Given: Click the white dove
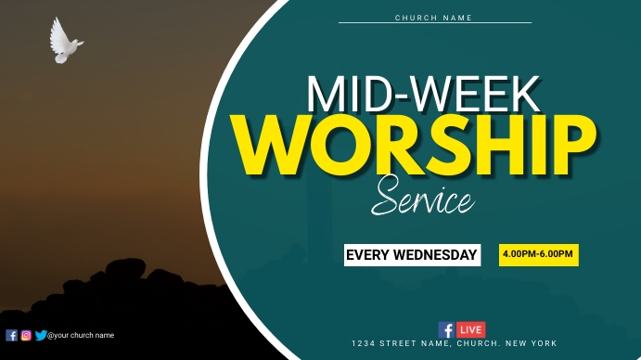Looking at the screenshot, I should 64,42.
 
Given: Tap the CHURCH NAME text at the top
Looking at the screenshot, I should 433,18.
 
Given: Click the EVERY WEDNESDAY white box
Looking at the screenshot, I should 412,254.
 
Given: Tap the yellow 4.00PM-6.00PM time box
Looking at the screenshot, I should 538,253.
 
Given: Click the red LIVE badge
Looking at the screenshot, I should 470,329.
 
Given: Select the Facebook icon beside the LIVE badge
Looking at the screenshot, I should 446,329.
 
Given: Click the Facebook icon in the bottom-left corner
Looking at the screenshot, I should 11,336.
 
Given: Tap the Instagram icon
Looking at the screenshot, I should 26,336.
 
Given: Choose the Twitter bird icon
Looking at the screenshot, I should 40,336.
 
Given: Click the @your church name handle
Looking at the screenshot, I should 81,336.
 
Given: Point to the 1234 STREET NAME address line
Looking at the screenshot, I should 454,343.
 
